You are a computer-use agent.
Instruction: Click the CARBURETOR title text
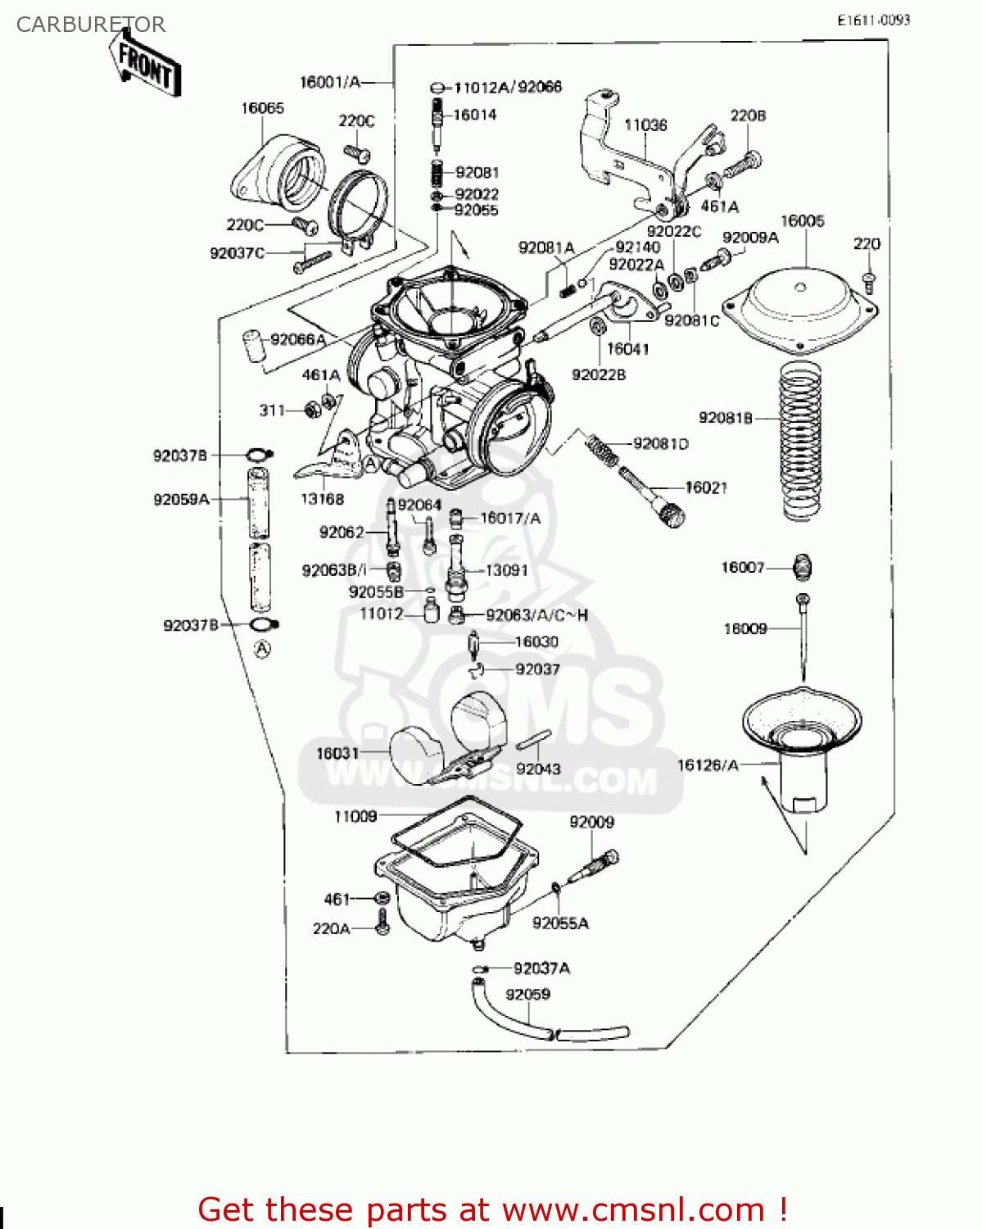[91, 25]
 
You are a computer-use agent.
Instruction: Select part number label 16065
[262, 108]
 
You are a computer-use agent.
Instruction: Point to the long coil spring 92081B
[800, 442]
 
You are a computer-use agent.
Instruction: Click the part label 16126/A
[708, 765]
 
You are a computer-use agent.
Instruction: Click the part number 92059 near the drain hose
[527, 994]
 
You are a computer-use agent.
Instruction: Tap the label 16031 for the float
[337, 753]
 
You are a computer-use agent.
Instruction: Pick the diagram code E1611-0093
[873, 20]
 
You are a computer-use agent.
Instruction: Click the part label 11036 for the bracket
[645, 125]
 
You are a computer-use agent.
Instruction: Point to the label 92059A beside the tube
[181, 499]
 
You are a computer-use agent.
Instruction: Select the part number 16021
[706, 488]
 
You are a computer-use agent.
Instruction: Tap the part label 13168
[322, 498]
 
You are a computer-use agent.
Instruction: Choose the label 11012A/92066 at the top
[508, 87]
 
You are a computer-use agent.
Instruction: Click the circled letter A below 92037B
[261, 650]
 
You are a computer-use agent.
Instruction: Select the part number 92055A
[560, 923]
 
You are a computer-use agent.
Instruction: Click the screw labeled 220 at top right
[869, 280]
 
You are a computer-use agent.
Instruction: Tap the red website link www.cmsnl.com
[632, 1209]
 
